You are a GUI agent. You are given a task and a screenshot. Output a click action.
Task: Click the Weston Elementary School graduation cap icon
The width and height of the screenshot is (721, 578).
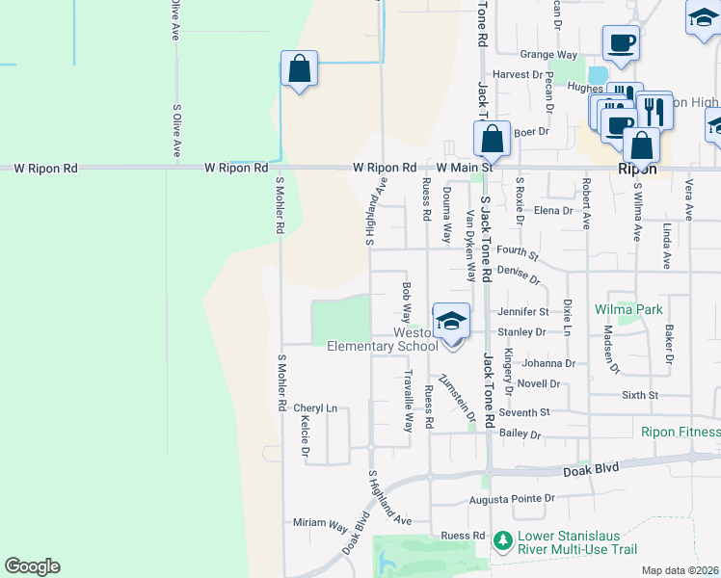pyautogui.click(x=451, y=321)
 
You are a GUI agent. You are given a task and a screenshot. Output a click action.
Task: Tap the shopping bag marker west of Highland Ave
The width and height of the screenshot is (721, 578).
pyautogui.click(x=300, y=69)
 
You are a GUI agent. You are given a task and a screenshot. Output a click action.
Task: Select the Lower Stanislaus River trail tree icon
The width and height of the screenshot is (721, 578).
pyautogui.click(x=501, y=542)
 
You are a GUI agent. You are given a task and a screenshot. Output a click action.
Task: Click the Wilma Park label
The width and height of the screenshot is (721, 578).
pyautogui.click(x=628, y=309)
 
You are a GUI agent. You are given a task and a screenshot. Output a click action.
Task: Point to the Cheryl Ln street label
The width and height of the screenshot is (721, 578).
pyautogui.click(x=315, y=408)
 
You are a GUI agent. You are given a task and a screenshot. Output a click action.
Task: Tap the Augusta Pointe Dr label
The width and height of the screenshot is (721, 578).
pyautogui.click(x=512, y=499)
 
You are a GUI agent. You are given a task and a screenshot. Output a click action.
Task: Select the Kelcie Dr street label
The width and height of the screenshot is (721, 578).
pyautogui.click(x=305, y=436)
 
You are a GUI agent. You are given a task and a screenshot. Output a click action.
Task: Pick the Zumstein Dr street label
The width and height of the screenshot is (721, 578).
pyautogui.click(x=457, y=397)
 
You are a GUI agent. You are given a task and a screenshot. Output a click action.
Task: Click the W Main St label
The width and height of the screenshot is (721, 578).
pyautogui.click(x=464, y=168)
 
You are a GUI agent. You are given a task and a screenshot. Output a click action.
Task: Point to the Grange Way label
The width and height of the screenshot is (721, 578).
pyautogui.click(x=547, y=55)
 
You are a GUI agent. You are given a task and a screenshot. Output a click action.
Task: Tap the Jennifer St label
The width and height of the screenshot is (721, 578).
pyautogui.click(x=523, y=312)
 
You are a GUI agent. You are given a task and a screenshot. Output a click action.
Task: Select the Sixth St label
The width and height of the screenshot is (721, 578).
pyautogui.click(x=640, y=395)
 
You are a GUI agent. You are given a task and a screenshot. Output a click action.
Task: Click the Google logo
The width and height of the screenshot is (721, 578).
pyautogui.click(x=32, y=566)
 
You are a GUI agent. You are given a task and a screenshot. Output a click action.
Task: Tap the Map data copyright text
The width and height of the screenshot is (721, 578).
pyautogui.click(x=681, y=570)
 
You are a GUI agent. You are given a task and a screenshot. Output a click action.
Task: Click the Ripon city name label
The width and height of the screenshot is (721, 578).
pyautogui.click(x=637, y=169)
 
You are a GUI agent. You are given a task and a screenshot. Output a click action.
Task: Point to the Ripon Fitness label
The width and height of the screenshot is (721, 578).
pyautogui.click(x=681, y=432)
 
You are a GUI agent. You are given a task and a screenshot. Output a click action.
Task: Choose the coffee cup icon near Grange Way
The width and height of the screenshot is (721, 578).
pyautogui.click(x=621, y=43)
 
